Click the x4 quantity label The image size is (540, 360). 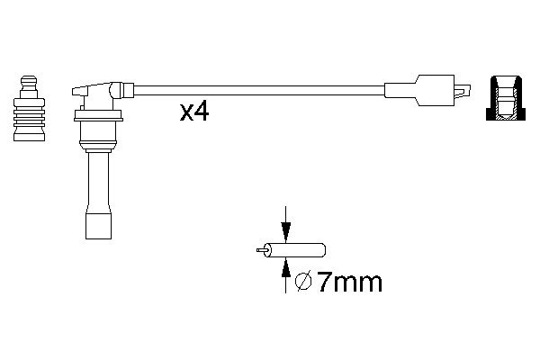click(194, 112)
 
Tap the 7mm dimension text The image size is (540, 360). click(349, 283)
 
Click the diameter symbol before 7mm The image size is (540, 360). click(303, 282)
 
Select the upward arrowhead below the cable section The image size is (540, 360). click(285, 267)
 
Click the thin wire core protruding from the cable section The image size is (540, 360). click(261, 250)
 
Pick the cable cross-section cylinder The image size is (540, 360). click(295, 250)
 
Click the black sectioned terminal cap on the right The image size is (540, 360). click(506, 98)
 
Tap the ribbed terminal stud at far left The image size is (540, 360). click(29, 108)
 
